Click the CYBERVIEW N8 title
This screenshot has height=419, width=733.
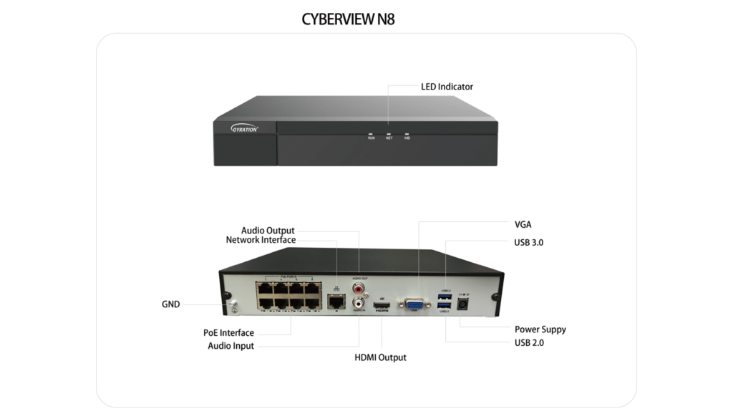coord(348,19)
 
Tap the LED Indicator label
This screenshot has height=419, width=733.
coord(447,87)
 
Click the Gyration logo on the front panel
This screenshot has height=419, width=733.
coord(245,129)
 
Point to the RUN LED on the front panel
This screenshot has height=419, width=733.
coord(371,134)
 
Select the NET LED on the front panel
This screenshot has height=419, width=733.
coord(389,134)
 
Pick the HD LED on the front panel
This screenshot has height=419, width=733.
coord(407,134)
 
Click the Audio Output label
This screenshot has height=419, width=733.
coord(268,231)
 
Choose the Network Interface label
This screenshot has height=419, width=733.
coord(261,240)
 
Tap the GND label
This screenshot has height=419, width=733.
coord(170,304)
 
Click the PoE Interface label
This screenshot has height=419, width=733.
coord(228,332)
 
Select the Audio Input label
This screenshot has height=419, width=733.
coord(230,346)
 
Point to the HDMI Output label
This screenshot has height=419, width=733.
coord(380,357)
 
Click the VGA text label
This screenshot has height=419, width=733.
coord(523,225)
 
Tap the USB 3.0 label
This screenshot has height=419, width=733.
coord(528,243)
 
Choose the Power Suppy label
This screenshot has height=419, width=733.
coord(540,329)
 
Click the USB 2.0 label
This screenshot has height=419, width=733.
coord(528,343)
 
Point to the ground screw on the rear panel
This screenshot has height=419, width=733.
coord(232,307)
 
